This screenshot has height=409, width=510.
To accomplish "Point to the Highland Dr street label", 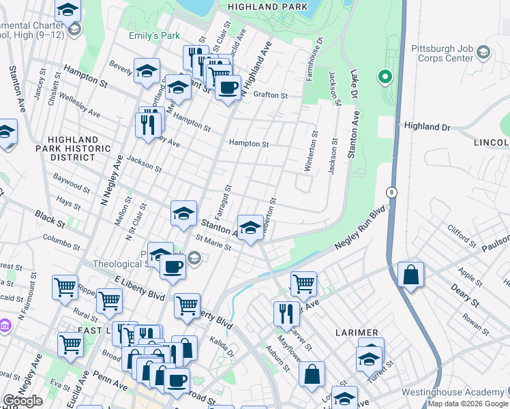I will [427, 127].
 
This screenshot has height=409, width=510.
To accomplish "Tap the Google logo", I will [22, 401].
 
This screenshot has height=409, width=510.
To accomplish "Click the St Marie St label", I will [213, 243].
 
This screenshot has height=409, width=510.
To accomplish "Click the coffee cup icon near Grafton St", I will [228, 87].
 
